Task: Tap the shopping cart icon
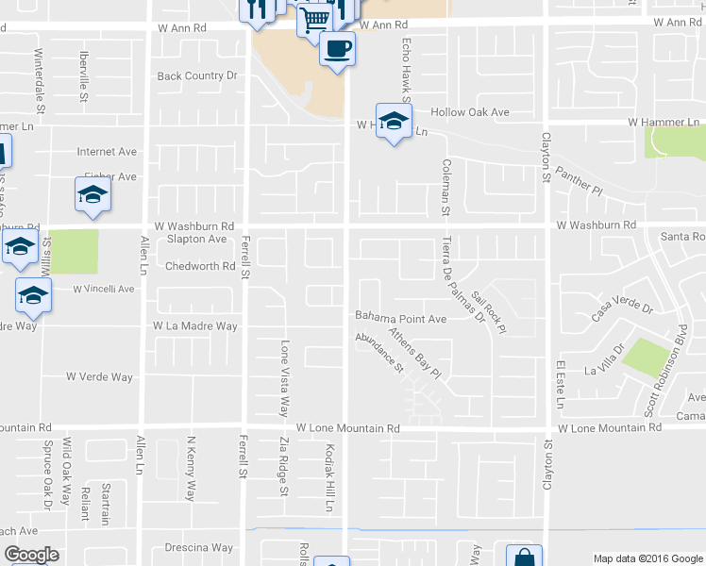315,17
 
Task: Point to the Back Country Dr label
197,76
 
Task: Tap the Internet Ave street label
108,151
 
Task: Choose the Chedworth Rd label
199,266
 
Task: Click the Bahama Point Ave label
400,319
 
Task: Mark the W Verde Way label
99,377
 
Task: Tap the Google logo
31,555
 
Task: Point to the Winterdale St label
39,75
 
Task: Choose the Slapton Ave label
196,240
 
